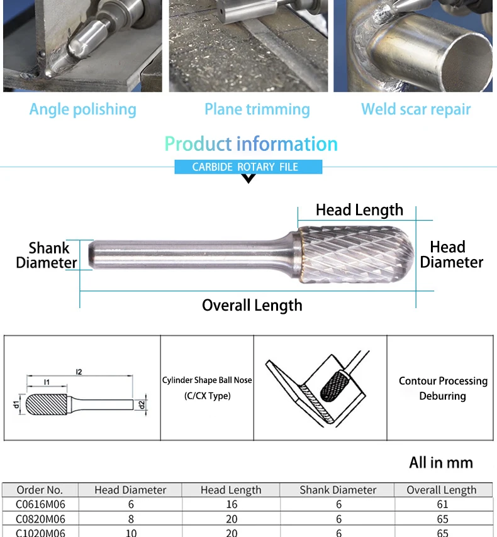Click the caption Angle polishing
click(x=82, y=109)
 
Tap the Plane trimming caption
click(x=257, y=109)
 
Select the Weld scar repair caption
click(x=416, y=109)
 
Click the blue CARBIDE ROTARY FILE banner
click(x=248, y=167)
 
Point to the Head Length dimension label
click(x=359, y=210)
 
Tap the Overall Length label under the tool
click(x=252, y=306)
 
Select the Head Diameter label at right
click(x=451, y=255)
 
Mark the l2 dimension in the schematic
click(x=79, y=372)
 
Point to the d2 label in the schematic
click(x=142, y=404)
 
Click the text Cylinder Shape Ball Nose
click(x=207, y=380)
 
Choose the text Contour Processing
click(x=443, y=381)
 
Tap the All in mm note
click(x=440, y=463)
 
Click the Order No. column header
click(x=40, y=490)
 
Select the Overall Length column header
click(x=441, y=490)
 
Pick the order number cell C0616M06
click(x=40, y=504)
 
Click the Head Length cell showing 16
click(x=231, y=504)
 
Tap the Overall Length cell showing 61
click(x=442, y=504)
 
